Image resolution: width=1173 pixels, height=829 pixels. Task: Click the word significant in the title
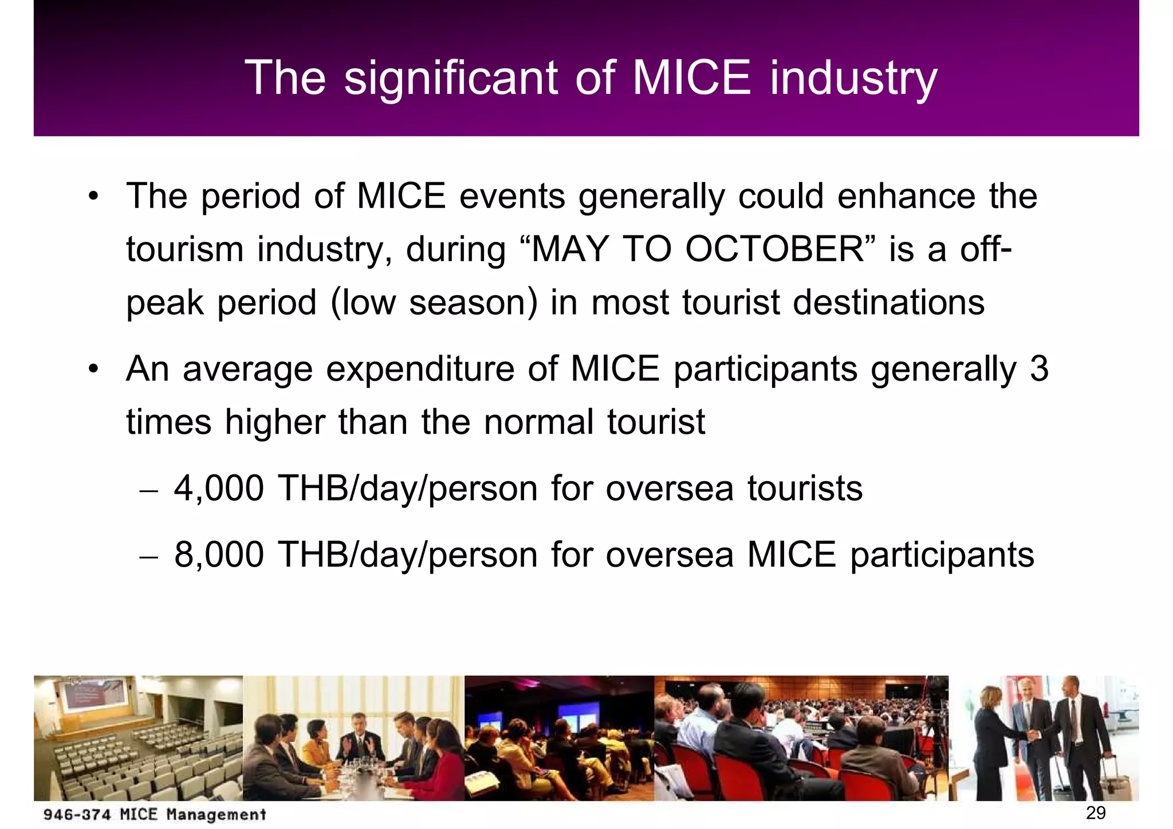pyautogui.click(x=451, y=78)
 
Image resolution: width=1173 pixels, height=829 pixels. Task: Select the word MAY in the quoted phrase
pyautogui.click(x=569, y=250)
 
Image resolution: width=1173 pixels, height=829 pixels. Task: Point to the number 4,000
pyautogui.click(x=219, y=489)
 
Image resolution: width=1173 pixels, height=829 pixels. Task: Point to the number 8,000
pyautogui.click(x=219, y=555)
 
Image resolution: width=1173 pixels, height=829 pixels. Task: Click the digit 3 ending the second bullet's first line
pyautogui.click(x=1039, y=369)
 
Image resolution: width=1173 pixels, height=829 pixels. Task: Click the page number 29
pyautogui.click(x=1095, y=812)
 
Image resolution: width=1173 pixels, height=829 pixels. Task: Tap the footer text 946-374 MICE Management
pyautogui.click(x=155, y=814)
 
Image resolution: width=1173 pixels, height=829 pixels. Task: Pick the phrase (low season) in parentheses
pyautogui.click(x=434, y=302)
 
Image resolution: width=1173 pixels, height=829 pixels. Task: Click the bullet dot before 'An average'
pyautogui.click(x=93, y=370)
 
